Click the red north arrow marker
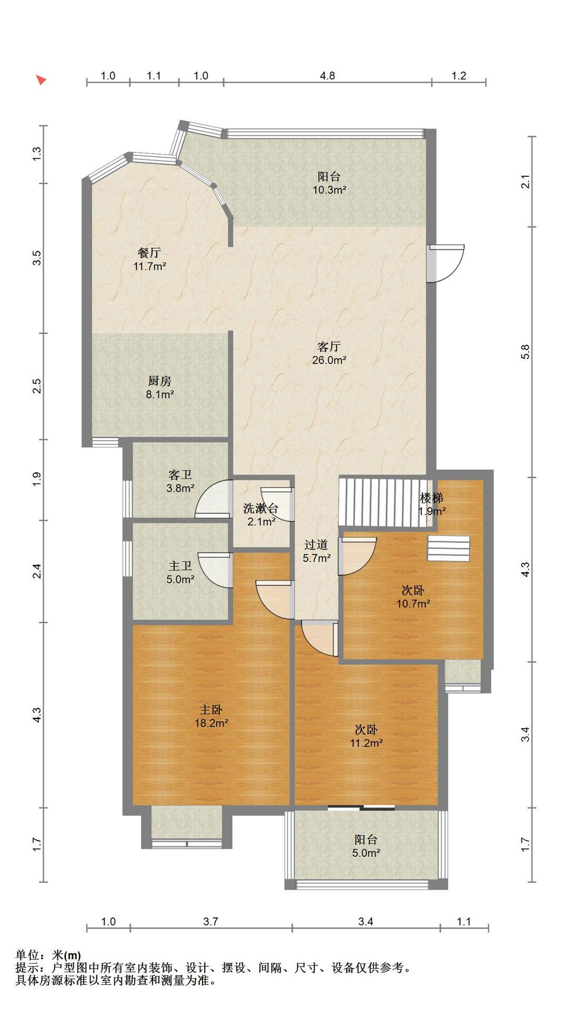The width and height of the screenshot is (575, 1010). tap(41, 79)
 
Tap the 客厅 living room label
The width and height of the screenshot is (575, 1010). tap(329, 347)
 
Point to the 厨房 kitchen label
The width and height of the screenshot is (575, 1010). tap(160, 381)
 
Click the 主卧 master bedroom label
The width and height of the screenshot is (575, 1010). tap(211, 710)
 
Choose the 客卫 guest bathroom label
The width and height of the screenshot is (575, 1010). tap(180, 475)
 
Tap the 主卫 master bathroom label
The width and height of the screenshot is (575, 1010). tap(180, 566)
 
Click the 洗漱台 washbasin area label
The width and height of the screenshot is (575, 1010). tap(260, 508)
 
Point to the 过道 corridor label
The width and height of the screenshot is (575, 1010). tap(316, 544)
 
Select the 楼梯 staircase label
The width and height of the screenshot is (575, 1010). tap(431, 497)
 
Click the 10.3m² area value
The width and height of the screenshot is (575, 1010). tap(329, 190)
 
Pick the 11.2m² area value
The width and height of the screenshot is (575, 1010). tap(366, 743)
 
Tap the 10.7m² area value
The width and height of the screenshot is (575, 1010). tap(413, 604)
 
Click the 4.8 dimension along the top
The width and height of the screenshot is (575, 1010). tap(327, 76)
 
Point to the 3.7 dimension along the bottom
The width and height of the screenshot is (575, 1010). tap(210, 921)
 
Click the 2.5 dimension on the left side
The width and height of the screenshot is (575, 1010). tap(36, 386)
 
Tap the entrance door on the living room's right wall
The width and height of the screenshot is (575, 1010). tap(446, 263)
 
